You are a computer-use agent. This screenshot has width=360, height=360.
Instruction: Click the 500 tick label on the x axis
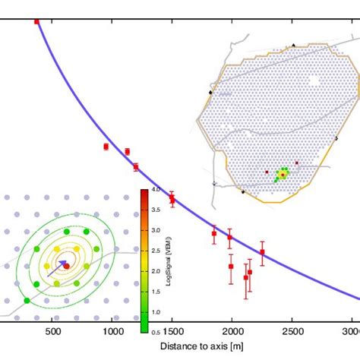click(52, 333)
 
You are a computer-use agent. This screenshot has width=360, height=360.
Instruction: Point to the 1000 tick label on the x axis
click(112, 333)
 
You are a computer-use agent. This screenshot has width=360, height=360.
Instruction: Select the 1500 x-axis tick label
click(172, 333)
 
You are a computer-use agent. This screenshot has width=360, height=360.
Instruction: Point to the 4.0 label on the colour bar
click(154, 189)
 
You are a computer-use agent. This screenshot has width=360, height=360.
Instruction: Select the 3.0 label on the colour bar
click(154, 230)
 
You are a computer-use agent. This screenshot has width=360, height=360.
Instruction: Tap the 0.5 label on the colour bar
click(154, 332)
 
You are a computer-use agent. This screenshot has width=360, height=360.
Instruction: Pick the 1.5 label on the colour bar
click(154, 292)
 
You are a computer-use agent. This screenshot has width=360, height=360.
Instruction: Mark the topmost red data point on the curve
click(36, 22)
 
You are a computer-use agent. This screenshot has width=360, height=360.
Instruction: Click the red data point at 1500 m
click(172, 199)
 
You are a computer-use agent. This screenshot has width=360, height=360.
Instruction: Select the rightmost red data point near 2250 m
click(262, 252)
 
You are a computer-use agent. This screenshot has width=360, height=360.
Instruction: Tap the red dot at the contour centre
click(66, 266)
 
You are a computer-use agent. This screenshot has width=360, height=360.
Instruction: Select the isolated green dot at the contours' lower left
click(27, 302)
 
